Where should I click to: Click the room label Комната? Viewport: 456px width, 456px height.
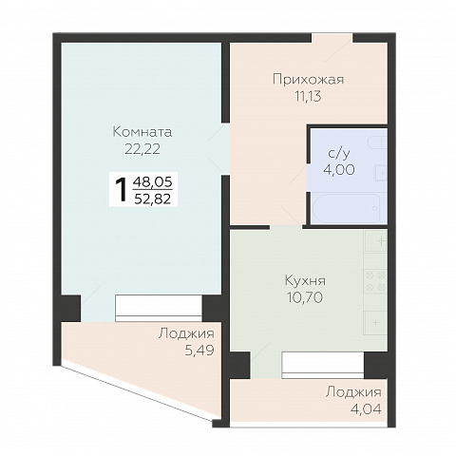tap(142, 131)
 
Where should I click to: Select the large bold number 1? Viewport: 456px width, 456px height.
tap(121, 189)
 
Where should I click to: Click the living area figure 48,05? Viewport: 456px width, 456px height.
tap(155, 181)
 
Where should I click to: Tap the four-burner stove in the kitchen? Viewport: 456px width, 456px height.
tap(375, 282)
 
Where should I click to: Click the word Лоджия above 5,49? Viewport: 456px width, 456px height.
tap(186, 333)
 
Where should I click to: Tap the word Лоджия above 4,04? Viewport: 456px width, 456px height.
tap(352, 392)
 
